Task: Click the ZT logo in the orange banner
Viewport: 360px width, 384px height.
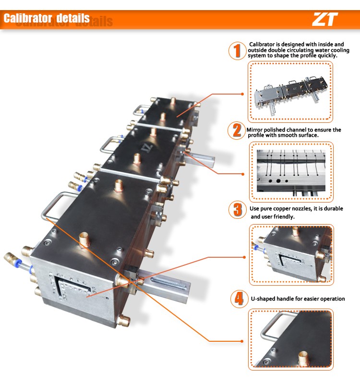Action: click(x=325, y=19)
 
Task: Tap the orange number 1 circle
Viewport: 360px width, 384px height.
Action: click(x=237, y=51)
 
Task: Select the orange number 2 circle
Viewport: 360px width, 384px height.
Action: click(x=237, y=131)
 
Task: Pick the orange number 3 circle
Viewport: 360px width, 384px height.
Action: click(x=237, y=210)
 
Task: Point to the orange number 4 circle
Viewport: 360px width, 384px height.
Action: click(x=239, y=299)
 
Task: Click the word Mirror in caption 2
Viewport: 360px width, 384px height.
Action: click(x=254, y=130)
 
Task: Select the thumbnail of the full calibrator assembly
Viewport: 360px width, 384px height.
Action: click(x=290, y=92)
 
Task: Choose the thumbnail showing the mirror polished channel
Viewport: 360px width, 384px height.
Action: click(x=291, y=172)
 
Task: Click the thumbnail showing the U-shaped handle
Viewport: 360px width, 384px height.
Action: click(x=291, y=339)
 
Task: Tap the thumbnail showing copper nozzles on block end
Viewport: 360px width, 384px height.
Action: click(x=291, y=255)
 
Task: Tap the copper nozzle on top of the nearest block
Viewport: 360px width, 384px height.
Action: click(x=84, y=240)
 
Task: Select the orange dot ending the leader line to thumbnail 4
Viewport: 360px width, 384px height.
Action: click(x=242, y=341)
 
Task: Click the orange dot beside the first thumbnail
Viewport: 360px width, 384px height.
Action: click(x=242, y=94)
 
